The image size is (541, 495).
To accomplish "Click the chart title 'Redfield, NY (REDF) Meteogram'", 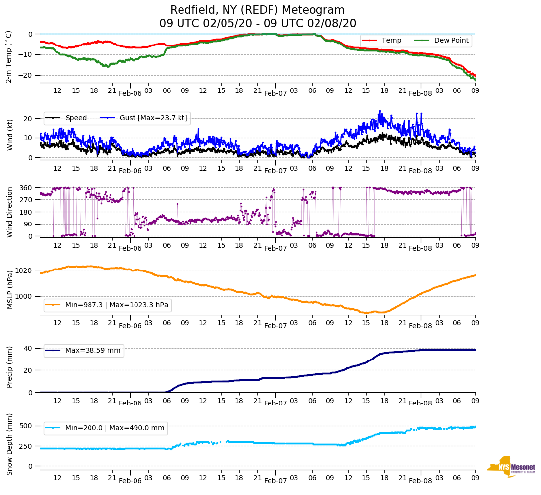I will point(257,10).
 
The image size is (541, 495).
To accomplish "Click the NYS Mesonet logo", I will point(511,466).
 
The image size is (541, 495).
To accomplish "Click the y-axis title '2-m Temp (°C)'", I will point(9,56).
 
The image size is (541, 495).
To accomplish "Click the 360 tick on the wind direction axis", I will point(26,188).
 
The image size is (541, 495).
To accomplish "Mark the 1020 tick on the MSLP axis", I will point(24,270).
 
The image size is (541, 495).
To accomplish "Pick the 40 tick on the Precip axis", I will point(28,348).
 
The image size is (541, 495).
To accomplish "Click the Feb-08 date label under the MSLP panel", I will point(420,326).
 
